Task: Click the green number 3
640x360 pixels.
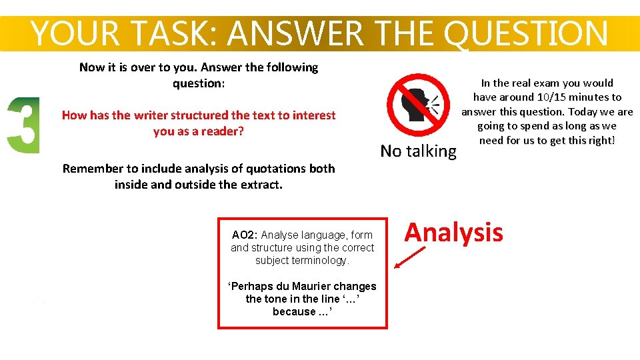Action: click(23, 125)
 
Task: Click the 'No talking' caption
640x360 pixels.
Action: click(418, 151)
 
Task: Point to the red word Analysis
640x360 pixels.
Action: click(453, 233)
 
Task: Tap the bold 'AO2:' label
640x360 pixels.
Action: click(245, 235)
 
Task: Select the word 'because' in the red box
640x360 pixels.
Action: click(294, 311)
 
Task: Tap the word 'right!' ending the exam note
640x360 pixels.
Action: click(599, 140)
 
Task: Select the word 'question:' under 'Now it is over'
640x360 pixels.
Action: click(199, 83)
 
